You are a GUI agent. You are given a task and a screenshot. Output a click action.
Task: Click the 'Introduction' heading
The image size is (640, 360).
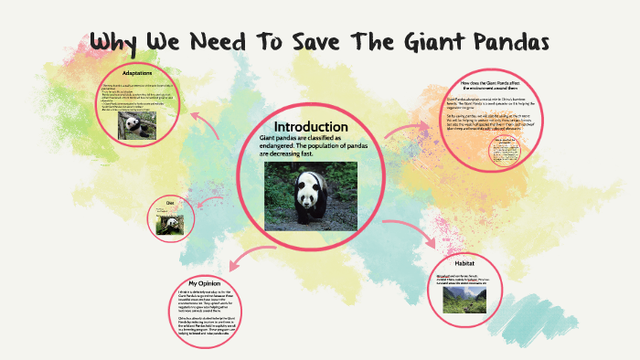[311, 126]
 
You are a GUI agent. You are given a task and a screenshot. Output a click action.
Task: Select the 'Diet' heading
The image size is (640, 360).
[169, 202]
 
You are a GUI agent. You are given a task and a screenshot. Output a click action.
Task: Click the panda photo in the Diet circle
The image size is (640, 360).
[168, 223]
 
